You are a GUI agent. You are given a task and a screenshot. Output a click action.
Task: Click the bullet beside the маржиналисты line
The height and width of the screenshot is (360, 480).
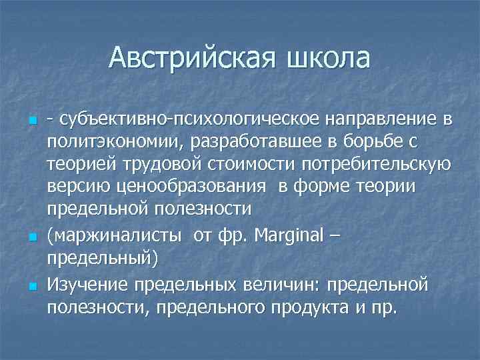pyautogui.click(x=31, y=237)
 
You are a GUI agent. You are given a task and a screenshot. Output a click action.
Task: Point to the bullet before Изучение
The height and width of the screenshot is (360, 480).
pyautogui.click(x=31, y=287)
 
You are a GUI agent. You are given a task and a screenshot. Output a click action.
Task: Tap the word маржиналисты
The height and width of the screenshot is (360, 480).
pyautogui.click(x=118, y=235)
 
